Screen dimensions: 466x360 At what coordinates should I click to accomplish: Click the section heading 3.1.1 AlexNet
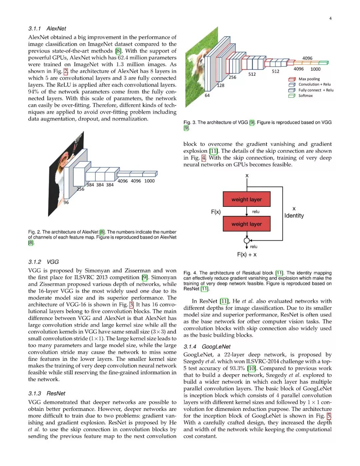[x=47, y=29]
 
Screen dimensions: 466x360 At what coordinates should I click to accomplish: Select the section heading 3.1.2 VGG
[x=43, y=262]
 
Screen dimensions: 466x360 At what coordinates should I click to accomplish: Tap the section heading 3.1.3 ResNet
[x=47, y=393]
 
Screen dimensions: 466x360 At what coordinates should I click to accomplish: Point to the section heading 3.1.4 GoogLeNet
[x=207, y=347]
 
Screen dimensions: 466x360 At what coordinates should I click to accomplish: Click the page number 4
[x=330, y=18]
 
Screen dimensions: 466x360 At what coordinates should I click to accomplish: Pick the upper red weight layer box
[x=246, y=199]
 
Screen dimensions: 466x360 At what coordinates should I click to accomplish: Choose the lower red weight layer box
[x=246, y=224]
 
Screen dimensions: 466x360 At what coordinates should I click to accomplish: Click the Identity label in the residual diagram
[x=294, y=215]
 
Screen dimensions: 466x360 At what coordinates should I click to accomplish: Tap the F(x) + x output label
[x=247, y=255]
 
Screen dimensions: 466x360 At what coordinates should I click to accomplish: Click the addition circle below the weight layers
[x=247, y=240]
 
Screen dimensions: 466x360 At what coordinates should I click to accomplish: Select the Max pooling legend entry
[x=309, y=79]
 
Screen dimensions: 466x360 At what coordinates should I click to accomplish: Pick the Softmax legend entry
[x=305, y=96]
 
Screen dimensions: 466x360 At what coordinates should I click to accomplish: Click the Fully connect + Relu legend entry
[x=315, y=90]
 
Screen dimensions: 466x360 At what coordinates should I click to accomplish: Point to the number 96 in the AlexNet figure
[x=66, y=202]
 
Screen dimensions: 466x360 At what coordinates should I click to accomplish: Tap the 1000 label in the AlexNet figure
[x=149, y=181]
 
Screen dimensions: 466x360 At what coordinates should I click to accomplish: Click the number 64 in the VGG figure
[x=207, y=95]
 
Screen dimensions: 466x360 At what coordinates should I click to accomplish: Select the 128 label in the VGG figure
[x=220, y=85]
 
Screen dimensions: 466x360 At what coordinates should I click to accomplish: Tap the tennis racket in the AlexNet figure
[x=79, y=138]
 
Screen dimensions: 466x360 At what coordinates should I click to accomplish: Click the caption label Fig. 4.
[x=190, y=273]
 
